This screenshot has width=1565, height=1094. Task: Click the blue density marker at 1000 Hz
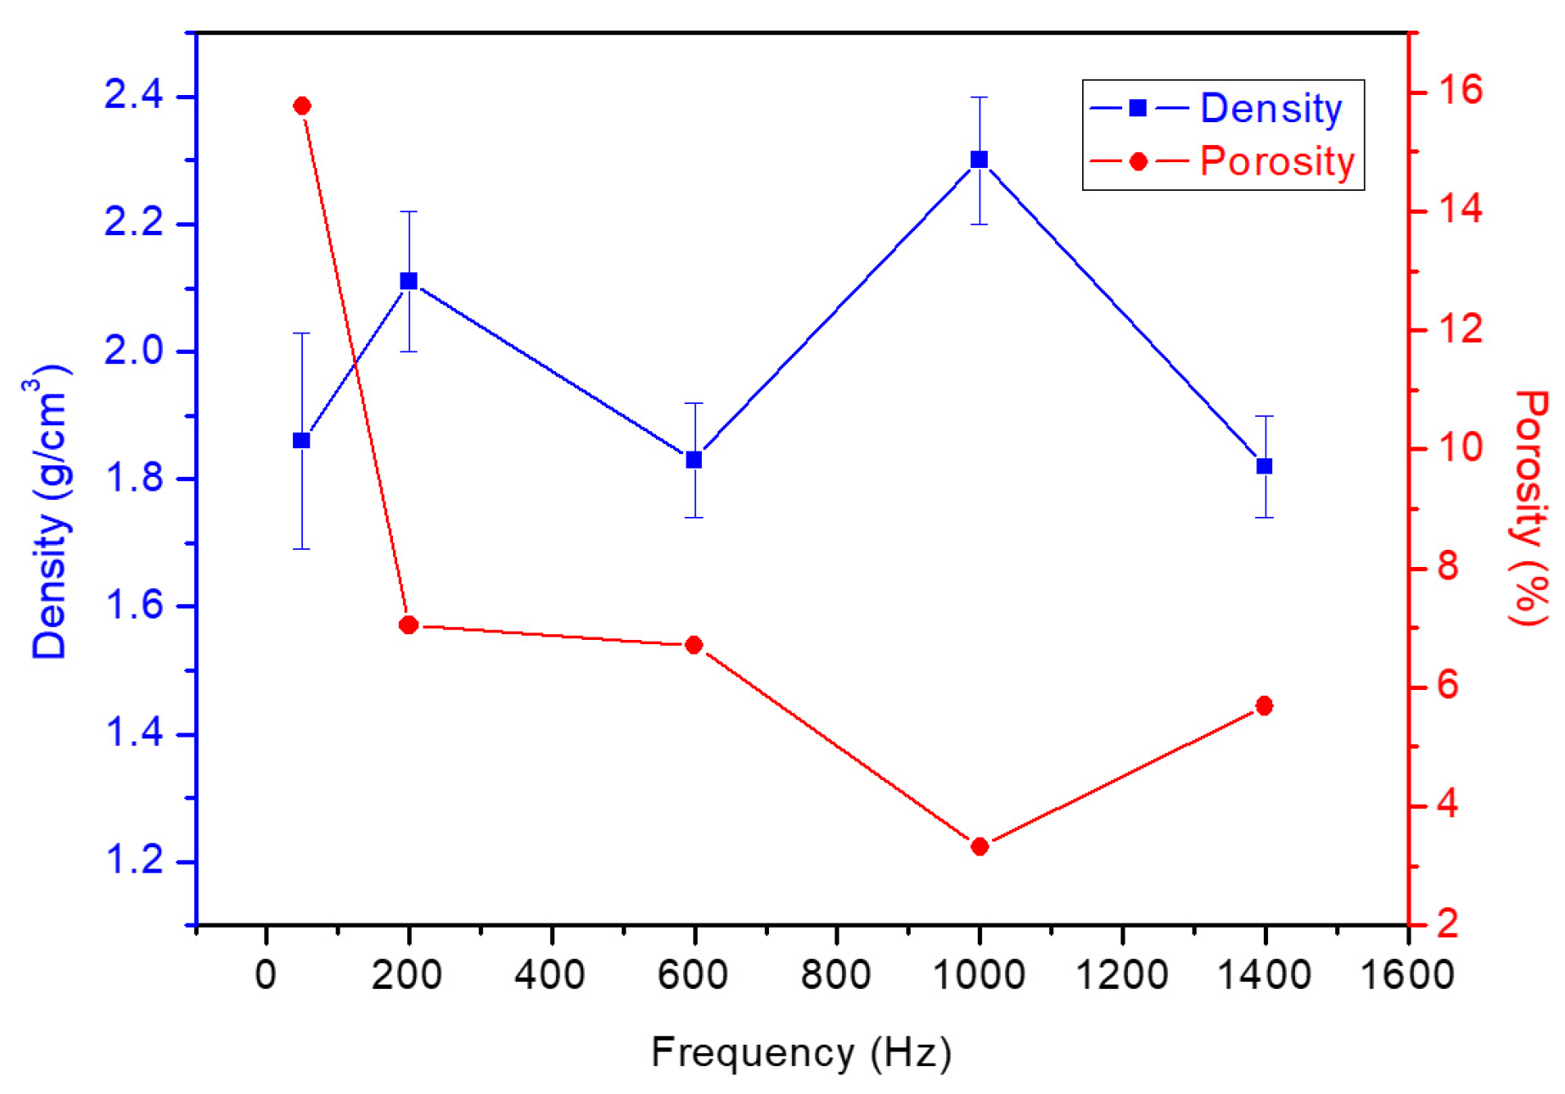[x=979, y=160]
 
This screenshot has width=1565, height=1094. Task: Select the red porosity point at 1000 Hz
[x=979, y=846]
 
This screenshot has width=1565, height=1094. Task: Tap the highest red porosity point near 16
[x=301, y=106]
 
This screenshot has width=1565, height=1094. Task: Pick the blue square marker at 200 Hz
[x=408, y=281]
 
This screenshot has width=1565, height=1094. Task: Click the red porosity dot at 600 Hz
[x=693, y=645]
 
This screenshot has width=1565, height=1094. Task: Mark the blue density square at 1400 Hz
[x=1265, y=466]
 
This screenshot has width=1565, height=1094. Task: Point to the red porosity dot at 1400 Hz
[x=1265, y=706]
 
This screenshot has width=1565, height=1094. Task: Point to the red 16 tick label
[x=1459, y=90]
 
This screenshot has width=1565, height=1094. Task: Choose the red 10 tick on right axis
[x=1459, y=447]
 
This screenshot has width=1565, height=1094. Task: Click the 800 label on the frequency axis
[x=836, y=974]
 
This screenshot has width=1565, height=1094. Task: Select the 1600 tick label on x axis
[x=1407, y=974]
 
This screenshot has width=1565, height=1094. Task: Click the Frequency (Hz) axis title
[x=800, y=1052]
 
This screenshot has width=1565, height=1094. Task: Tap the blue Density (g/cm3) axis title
[x=49, y=513]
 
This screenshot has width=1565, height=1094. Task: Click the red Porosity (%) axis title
[x=1529, y=508]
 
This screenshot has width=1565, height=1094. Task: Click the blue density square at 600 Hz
[x=694, y=460]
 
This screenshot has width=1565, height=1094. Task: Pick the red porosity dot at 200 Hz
[x=408, y=626]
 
